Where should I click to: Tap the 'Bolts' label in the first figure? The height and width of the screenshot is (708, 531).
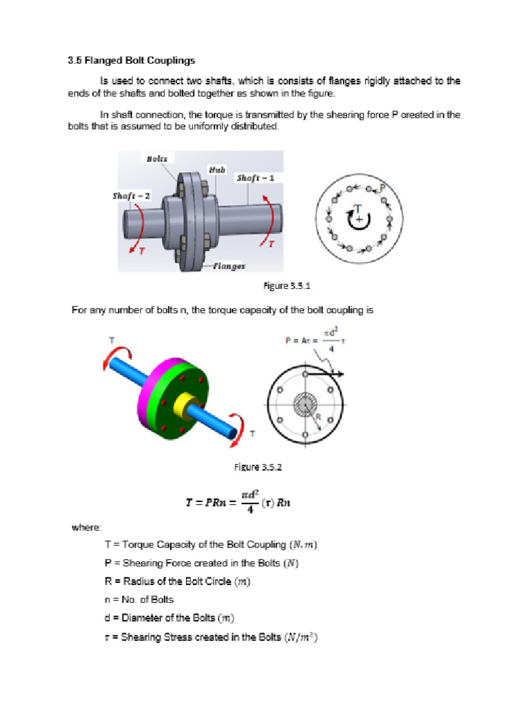coord(156,159)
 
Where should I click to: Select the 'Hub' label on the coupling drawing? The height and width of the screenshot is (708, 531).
coord(216,169)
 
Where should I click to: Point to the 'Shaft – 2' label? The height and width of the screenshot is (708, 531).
coord(132,196)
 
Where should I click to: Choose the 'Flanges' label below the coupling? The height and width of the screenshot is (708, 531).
coord(229,265)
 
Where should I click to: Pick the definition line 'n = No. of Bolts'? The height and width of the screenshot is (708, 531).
coord(139,599)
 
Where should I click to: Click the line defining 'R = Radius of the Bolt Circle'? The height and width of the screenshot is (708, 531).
coord(177,581)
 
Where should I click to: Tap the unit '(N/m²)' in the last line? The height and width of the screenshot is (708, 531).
coord(301,636)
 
